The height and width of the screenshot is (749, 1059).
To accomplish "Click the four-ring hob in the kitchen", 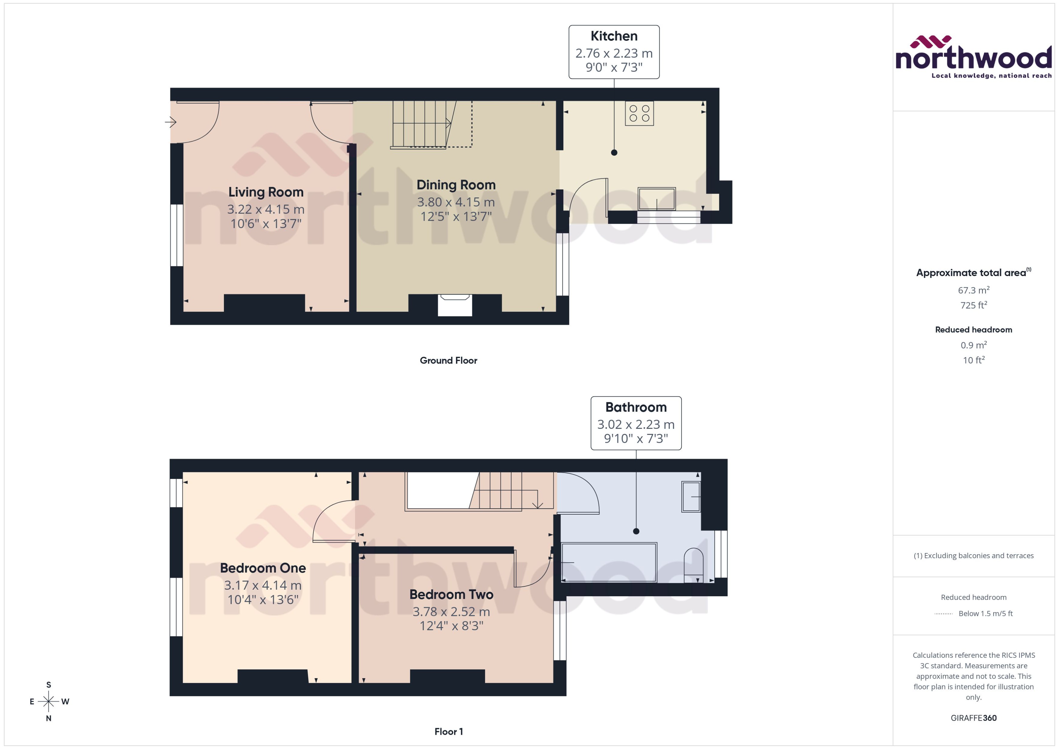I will coord(639,113).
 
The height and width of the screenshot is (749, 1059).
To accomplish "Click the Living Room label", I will coord(266,192).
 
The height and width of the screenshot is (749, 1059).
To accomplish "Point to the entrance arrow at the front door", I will coord(171,122).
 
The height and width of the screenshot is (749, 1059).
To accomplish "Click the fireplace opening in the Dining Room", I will coord(454,305).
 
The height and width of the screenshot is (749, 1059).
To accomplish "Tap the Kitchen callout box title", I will coord(614,36).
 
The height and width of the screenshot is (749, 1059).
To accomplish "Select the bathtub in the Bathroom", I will coord(608,562).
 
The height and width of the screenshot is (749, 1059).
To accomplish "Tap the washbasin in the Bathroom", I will coord(691,496).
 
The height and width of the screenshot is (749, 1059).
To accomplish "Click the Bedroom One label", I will coord(263,568).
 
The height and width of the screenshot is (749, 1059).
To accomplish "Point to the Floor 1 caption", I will coord(448,731).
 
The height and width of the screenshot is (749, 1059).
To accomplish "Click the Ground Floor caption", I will coord(448,360).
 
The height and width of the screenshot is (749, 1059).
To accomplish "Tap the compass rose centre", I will coord(48,702).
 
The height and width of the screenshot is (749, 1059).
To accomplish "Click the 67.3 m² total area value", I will coord(973,290).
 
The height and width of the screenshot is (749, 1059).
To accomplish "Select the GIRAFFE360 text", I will coord(973,718).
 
